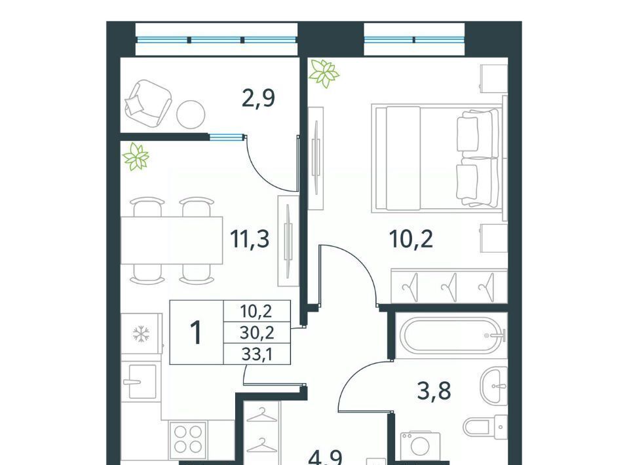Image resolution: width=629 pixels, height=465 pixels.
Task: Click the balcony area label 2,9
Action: [259, 98]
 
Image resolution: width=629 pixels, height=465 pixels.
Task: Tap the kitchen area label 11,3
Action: [250, 239]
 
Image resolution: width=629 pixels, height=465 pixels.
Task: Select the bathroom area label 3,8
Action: [434, 390]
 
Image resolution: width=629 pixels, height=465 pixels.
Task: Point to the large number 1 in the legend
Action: [196, 333]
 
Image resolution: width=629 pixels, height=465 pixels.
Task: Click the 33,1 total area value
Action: [257, 354]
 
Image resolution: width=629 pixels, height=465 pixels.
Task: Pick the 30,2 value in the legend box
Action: [257, 332]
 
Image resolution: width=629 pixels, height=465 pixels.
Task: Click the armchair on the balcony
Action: [148, 103]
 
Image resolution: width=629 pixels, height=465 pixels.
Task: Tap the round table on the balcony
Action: [191, 114]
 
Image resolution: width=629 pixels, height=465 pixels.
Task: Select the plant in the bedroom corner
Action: [324, 73]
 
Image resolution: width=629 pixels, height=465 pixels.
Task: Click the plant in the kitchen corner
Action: [136, 157]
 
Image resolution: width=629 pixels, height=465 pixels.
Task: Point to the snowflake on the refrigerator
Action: [142, 333]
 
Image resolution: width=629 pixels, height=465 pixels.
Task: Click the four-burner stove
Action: [188, 439]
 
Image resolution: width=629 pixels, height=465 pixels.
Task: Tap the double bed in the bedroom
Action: [437, 158]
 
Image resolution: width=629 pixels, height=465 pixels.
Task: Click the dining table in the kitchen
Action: [172, 240]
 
